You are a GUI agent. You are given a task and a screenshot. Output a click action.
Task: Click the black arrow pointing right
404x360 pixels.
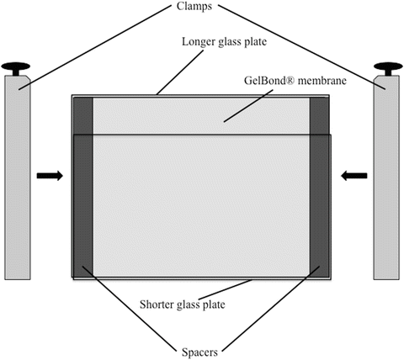pos(50,176)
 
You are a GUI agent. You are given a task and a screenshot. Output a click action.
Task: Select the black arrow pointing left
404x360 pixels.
pos(355,176)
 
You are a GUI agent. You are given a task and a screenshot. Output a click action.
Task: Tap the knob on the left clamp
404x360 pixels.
pos(16,66)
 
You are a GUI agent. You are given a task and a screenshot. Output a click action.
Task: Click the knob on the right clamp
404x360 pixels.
pos(386,66)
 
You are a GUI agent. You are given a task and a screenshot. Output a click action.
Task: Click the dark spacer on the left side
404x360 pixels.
pos(83,202)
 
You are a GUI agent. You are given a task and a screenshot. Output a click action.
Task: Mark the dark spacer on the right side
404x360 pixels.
pos(319,202)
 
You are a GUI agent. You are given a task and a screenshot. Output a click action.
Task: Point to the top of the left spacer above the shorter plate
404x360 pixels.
pos(83,115)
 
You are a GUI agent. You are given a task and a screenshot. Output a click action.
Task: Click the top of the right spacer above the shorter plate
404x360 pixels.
pos(319,115)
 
